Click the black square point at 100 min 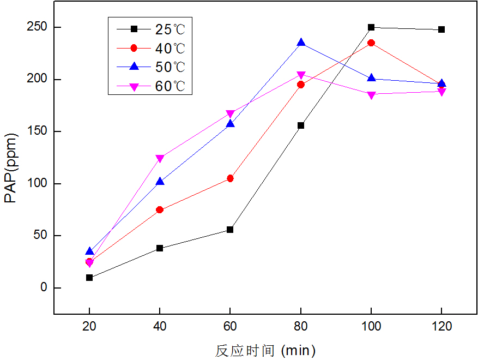coord(371,27)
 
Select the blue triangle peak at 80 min coord(301,43)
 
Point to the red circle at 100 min coord(371,43)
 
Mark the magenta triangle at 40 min coord(160,159)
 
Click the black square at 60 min coord(230,230)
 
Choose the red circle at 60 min coord(230,178)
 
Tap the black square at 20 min coord(89,278)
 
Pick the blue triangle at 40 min coord(160,181)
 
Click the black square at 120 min coord(441,29)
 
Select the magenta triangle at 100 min coord(371,95)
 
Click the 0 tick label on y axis coord(44,288)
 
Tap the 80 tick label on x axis coord(301,327)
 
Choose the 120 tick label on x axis coord(441,327)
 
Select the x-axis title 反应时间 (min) coord(265,350)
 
